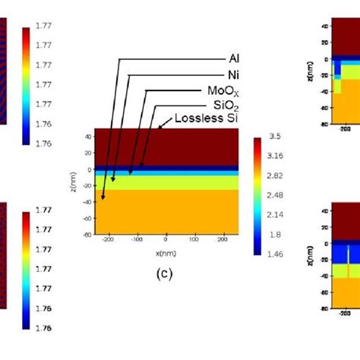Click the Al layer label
(x=235, y=58)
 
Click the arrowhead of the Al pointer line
(x=102, y=198)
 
